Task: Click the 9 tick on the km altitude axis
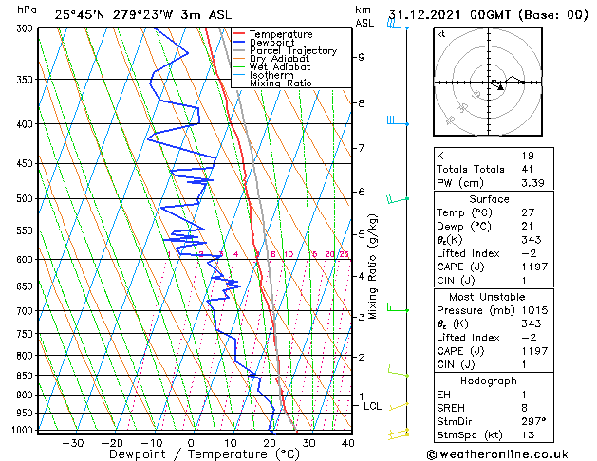[361, 57]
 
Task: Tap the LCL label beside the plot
[373, 406]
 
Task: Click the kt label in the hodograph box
[441, 33]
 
